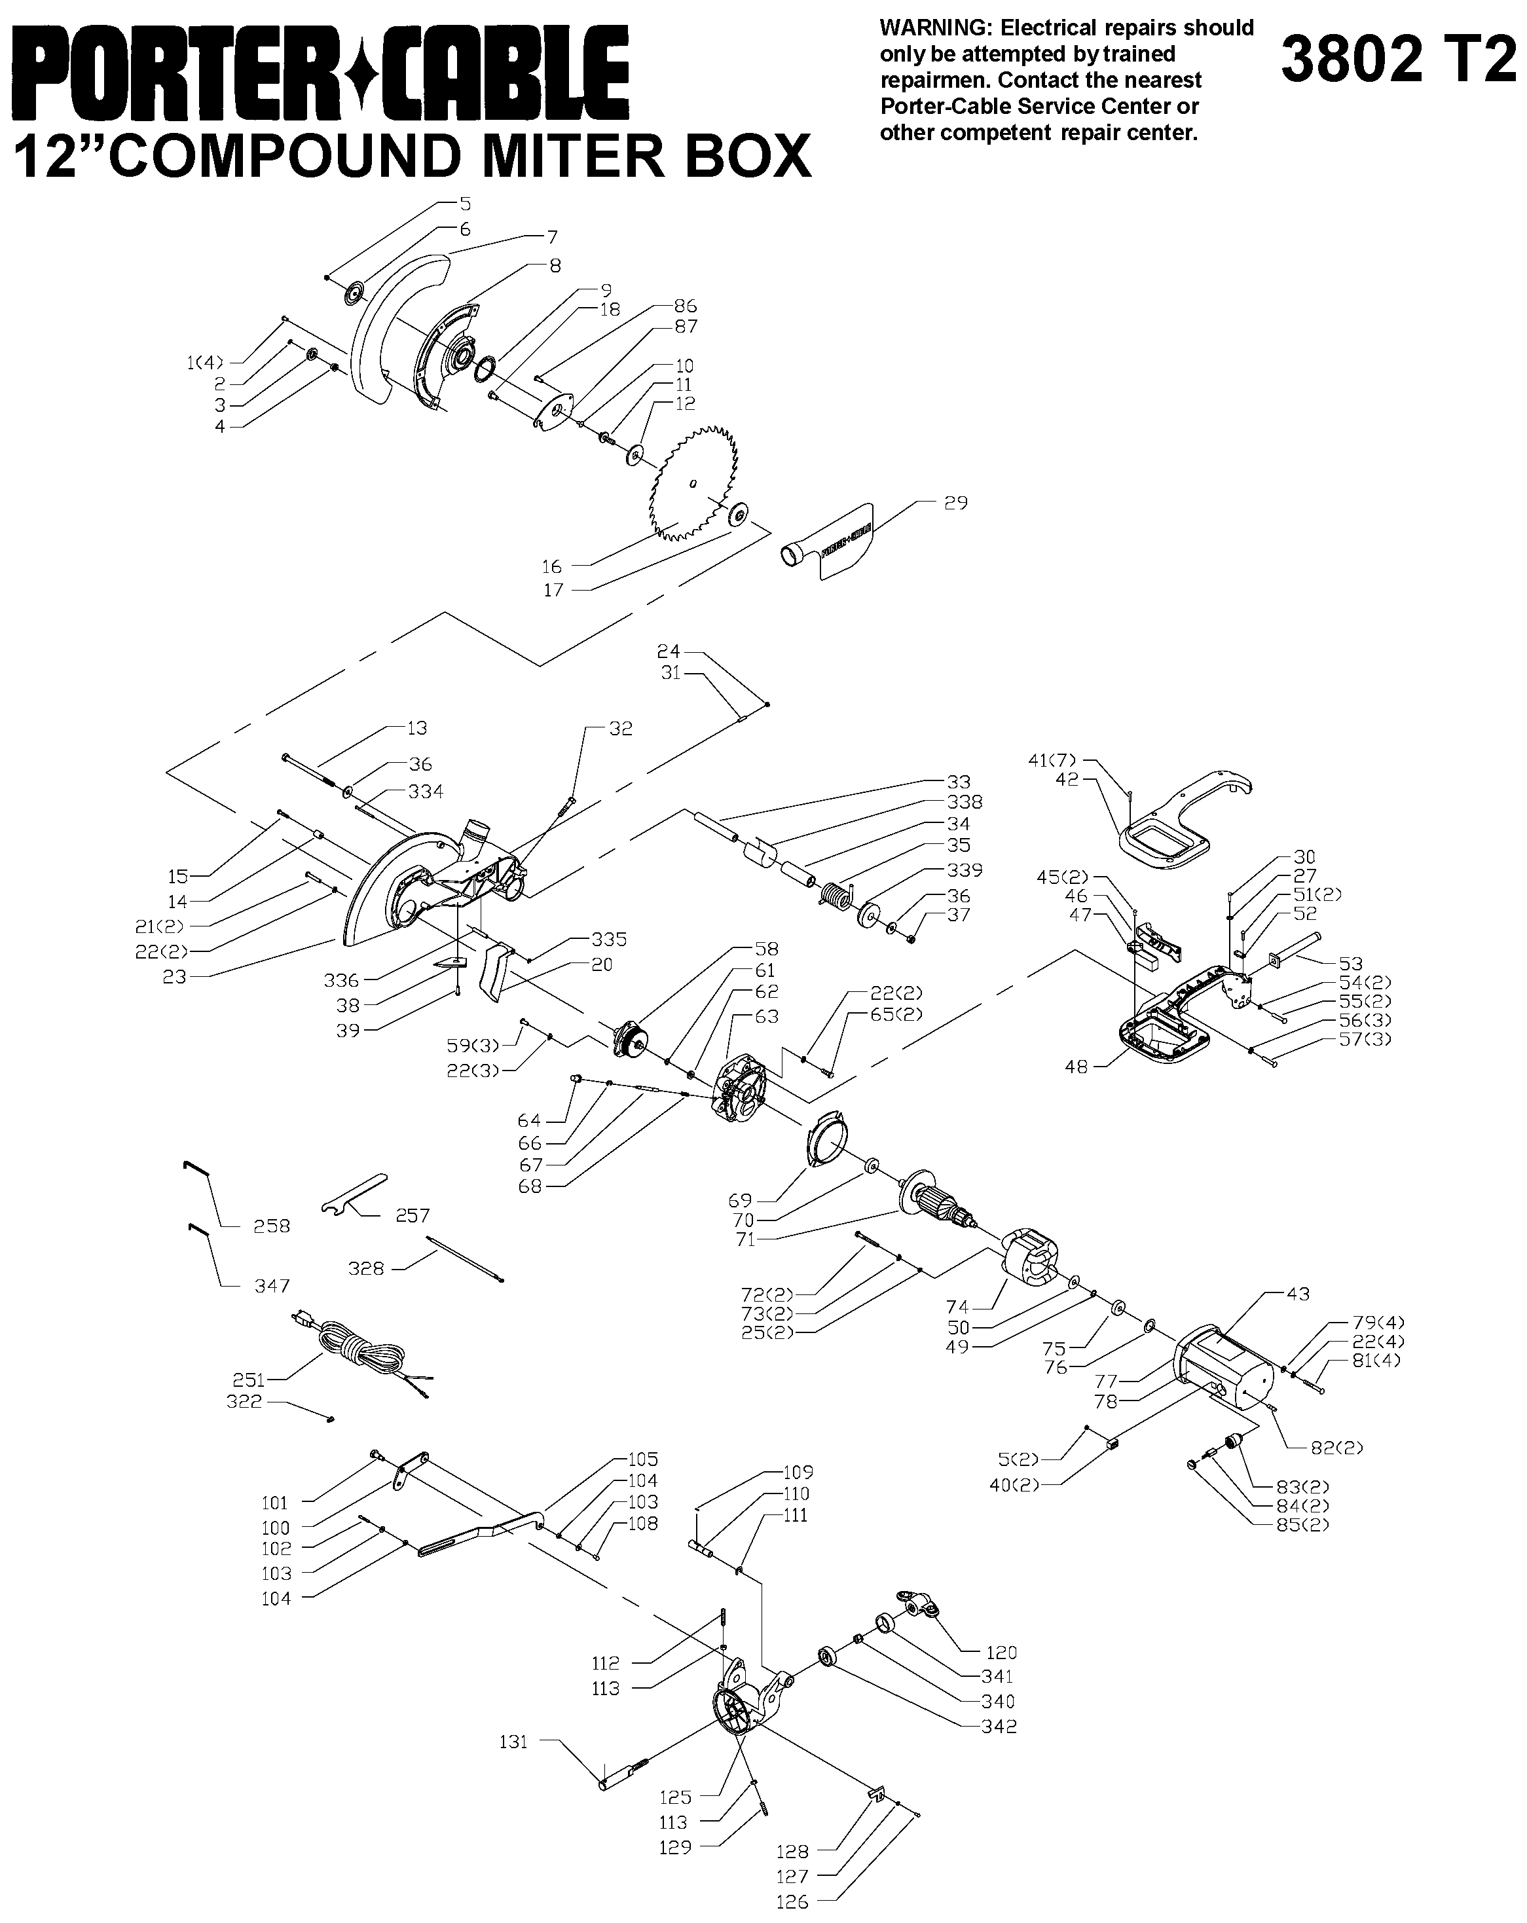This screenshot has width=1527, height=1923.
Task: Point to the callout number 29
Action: [x=955, y=503]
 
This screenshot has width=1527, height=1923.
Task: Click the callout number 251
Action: [x=249, y=1379]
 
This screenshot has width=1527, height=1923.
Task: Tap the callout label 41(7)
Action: [x=1052, y=760]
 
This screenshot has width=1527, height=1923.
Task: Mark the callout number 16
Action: [x=551, y=566]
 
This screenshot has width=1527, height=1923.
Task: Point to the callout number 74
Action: [x=957, y=1307]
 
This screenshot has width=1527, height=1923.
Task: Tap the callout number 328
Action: [x=365, y=1268]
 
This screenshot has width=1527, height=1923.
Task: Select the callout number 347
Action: [x=272, y=1285]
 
